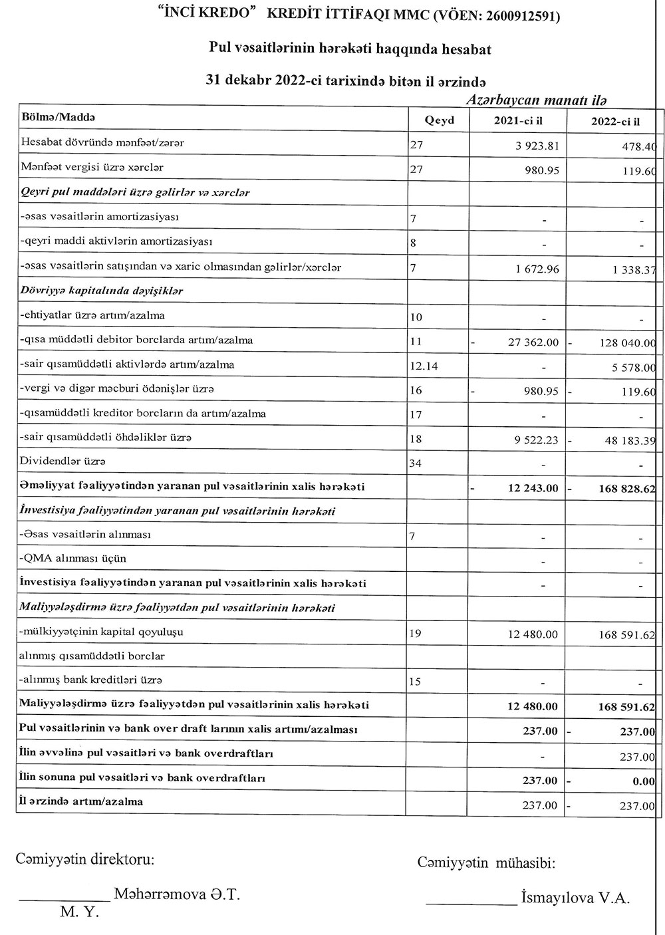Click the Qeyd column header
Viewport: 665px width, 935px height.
point(439,120)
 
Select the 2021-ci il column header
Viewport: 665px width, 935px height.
point(518,120)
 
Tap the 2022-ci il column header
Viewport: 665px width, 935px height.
point(615,121)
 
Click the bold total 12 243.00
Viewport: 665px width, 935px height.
point(533,489)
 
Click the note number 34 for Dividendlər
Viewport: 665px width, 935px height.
point(416,463)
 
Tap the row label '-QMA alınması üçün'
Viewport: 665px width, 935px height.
point(73,559)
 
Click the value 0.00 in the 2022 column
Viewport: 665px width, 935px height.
point(644,781)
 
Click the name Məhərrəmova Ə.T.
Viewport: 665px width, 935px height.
point(177,894)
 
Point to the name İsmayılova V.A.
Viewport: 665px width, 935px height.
point(575,898)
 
